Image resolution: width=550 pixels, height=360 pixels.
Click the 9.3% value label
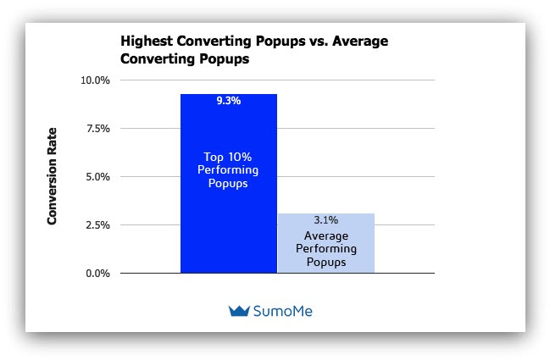(x=228, y=101)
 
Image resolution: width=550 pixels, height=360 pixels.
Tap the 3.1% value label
(x=326, y=220)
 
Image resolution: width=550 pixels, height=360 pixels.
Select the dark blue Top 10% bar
(x=229, y=183)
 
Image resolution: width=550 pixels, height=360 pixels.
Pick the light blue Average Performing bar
(x=326, y=243)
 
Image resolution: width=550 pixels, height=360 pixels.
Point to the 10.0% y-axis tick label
(x=95, y=80)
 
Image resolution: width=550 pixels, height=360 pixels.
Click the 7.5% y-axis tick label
(x=97, y=129)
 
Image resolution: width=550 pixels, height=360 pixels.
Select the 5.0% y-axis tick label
(x=97, y=177)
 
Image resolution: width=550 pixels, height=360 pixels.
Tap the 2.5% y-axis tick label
(x=97, y=225)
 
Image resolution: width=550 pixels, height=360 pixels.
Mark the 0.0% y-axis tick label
(x=97, y=274)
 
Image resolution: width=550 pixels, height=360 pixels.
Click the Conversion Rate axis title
(x=52, y=176)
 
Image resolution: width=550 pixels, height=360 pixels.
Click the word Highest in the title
(x=147, y=42)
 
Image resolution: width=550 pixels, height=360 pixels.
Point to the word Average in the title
(x=360, y=41)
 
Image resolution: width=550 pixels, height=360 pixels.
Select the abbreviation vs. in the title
(x=319, y=42)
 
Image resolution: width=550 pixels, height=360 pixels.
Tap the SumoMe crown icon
(x=239, y=311)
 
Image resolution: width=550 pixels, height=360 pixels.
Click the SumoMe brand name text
(x=283, y=311)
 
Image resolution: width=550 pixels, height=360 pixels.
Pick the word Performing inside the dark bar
(x=228, y=170)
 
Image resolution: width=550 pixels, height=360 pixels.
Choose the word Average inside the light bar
(x=326, y=236)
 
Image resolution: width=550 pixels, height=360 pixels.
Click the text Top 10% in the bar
(x=228, y=157)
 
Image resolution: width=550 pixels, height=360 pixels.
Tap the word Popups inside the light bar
(x=326, y=263)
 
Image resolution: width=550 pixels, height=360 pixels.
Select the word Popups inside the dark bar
(x=228, y=184)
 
